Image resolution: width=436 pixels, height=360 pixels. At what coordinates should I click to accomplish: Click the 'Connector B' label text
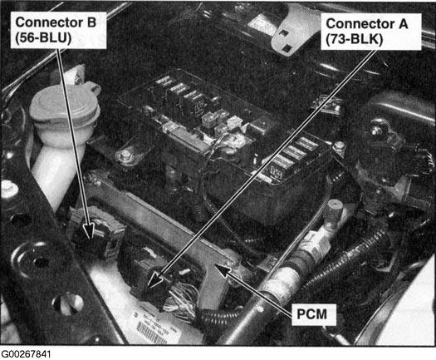point(56,22)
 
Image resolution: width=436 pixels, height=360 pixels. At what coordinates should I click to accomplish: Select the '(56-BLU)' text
point(43,37)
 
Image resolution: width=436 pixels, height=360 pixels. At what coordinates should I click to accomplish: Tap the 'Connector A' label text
point(367,23)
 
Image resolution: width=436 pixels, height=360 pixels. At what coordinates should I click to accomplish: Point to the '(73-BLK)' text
point(355,39)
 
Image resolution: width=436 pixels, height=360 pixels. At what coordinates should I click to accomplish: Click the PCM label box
point(312,314)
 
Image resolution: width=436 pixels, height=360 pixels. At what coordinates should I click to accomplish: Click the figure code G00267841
point(26,354)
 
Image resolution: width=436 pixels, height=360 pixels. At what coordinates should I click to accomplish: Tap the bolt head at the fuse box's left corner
point(125,154)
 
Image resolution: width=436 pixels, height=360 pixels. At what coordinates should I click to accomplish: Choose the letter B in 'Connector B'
point(91,22)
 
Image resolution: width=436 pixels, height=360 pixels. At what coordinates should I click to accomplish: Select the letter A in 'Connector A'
point(403,24)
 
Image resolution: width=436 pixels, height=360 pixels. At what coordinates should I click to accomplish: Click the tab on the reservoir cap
point(94,86)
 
